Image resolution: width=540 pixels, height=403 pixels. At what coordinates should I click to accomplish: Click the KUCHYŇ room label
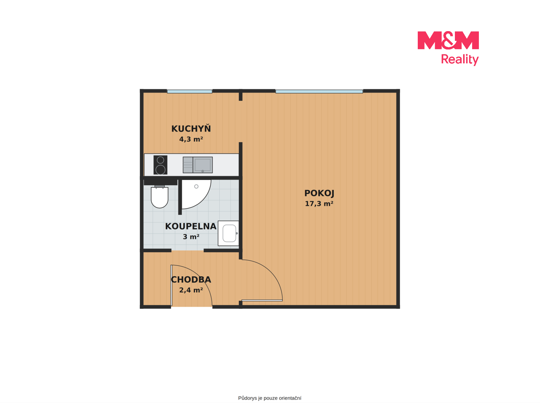pos(191,128)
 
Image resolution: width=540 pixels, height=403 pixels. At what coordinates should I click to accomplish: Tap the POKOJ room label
pos(319,193)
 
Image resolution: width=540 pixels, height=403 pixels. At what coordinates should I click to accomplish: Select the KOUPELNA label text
pos(190,226)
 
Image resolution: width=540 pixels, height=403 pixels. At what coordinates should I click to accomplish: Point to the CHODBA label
pos(191,280)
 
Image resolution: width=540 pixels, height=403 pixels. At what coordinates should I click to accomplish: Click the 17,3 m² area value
pos(319,204)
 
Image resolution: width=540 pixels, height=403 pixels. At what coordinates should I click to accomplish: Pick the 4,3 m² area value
pos(191,139)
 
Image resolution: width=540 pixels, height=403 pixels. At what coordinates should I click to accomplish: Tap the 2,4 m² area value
pos(191,290)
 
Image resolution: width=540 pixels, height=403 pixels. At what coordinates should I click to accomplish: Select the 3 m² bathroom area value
pos(191,237)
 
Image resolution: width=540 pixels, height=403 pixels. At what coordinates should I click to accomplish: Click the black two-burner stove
pos(160,165)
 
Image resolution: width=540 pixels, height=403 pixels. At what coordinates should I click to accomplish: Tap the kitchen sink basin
pos(202,165)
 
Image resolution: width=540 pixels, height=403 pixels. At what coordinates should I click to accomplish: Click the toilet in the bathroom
pos(159,197)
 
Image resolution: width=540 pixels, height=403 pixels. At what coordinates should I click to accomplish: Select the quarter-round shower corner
pos(196,194)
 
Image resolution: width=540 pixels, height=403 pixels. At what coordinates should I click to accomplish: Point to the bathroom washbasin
pos(228,233)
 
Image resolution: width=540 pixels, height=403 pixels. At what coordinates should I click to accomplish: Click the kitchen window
pos(190,91)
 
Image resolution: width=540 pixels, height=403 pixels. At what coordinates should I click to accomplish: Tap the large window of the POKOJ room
pos(319,91)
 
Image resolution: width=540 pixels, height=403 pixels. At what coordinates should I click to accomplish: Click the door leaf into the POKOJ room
pos(262,300)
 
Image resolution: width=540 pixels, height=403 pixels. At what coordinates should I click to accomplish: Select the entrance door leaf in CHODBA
pos(171,285)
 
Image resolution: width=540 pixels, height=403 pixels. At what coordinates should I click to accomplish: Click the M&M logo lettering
pos(448,40)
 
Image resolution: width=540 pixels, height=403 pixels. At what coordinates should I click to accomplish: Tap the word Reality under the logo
pos(459,60)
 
